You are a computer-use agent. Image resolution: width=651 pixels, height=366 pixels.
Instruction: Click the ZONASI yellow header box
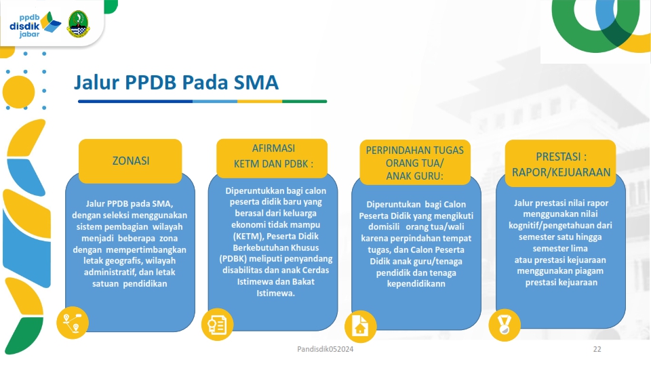click(130, 161)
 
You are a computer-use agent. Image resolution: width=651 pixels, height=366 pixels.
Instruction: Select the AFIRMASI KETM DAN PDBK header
click(272, 158)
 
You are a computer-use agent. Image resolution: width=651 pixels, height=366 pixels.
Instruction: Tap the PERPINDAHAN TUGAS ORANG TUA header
click(415, 162)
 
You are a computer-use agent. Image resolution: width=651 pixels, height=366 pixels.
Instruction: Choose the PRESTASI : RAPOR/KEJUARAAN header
click(561, 163)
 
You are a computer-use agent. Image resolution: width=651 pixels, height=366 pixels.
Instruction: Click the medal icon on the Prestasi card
click(505, 325)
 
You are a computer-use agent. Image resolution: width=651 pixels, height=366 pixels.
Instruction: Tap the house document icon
click(360, 326)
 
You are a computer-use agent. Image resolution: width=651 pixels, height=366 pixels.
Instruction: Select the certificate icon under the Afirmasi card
click(217, 325)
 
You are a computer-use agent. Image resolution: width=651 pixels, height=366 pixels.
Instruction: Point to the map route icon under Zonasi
click(73, 323)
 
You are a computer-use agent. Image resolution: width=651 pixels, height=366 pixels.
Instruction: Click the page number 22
click(597, 350)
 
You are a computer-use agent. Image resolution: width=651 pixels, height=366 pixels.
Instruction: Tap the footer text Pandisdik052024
click(325, 350)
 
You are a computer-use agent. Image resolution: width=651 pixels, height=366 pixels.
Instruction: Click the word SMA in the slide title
click(256, 82)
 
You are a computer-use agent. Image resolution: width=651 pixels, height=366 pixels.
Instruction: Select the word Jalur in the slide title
click(96, 82)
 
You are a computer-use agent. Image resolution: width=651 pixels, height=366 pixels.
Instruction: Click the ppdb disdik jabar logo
click(35, 25)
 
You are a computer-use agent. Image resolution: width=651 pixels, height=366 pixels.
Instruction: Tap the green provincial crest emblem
click(78, 24)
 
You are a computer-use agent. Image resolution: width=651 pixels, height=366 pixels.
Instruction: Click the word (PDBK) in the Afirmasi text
click(233, 259)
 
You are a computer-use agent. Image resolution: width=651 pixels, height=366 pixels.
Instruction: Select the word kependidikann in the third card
click(416, 284)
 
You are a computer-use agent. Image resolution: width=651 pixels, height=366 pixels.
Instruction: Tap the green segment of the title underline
click(304, 101)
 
